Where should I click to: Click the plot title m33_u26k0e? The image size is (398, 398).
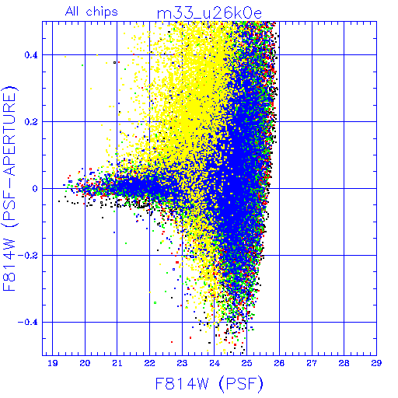[209, 13]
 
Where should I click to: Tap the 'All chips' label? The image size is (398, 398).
[92, 12]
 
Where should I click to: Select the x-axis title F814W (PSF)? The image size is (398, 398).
[209, 384]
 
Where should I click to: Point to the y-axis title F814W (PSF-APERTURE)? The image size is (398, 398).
[10, 188]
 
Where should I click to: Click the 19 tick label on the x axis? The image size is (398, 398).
[53, 363]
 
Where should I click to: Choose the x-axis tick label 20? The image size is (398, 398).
[85, 363]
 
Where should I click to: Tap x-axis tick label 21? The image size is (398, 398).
[117, 363]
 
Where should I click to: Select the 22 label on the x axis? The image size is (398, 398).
[149, 363]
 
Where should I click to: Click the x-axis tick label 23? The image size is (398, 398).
[182, 363]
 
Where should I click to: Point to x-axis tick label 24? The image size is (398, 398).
[215, 363]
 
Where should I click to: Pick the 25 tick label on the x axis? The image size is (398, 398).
[246, 363]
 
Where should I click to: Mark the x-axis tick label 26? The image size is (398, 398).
[279, 363]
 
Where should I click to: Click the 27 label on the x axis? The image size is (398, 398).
[312, 363]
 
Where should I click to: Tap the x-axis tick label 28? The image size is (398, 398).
[344, 363]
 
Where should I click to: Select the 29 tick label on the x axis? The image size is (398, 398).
[376, 363]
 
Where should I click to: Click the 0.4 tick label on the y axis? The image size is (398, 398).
[31, 55]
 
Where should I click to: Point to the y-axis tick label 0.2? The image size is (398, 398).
[31, 122]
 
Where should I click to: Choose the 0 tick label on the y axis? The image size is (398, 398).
[35, 189]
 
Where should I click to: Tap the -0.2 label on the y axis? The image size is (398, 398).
[28, 256]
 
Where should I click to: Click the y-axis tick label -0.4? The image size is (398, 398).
[28, 323]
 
